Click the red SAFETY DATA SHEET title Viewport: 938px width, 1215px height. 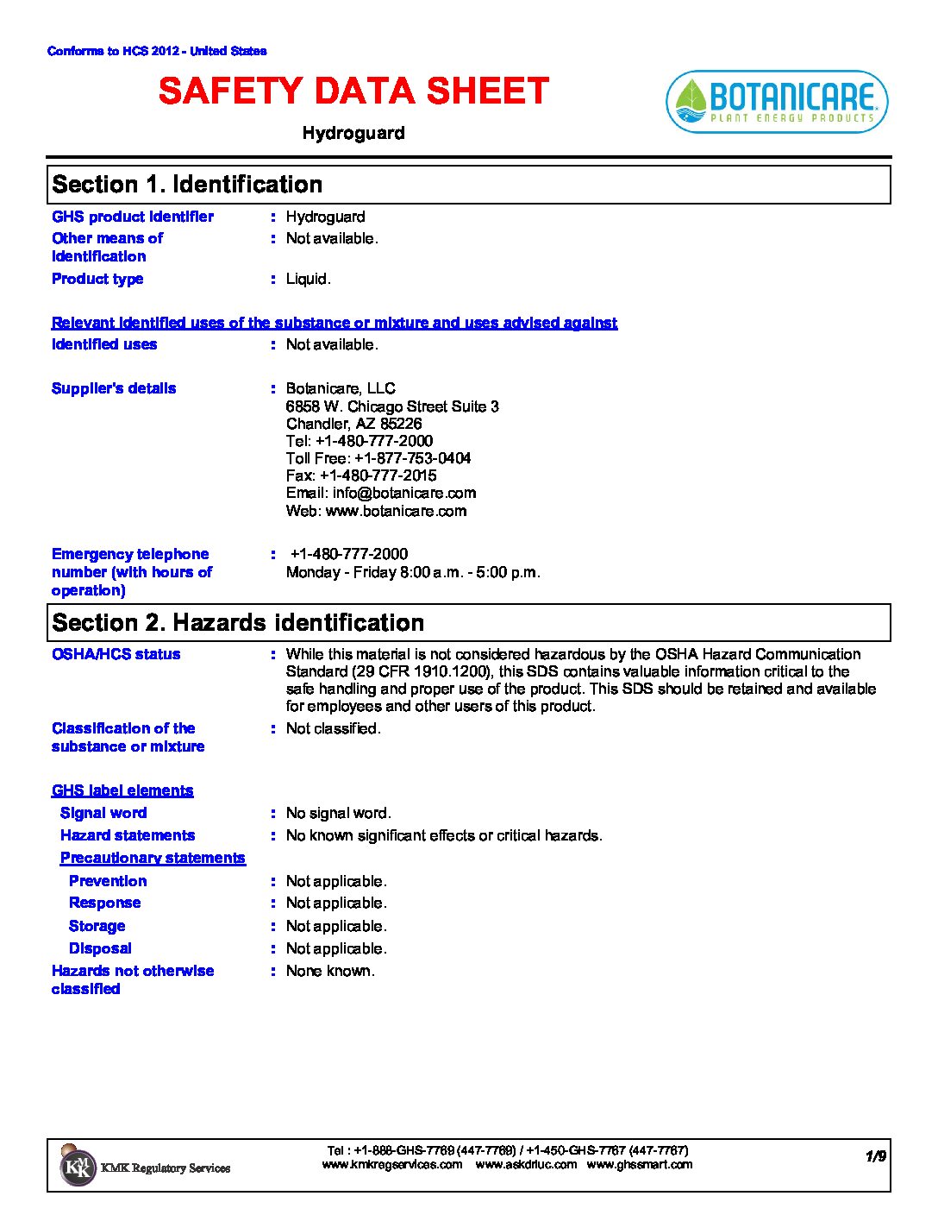coord(353,91)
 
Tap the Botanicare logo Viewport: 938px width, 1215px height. coord(777,102)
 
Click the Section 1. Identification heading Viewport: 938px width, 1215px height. coord(187,185)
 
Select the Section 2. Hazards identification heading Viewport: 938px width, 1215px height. coord(238,623)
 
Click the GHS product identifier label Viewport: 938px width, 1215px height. coord(133,217)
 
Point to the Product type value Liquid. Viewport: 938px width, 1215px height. coord(308,279)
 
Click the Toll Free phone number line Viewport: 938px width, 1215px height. coord(378,458)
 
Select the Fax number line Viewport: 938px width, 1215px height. coord(361,475)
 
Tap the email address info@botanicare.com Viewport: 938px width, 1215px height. coord(381,493)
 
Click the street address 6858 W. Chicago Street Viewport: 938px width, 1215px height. coord(392,406)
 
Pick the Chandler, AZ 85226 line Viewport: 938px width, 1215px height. coord(354,424)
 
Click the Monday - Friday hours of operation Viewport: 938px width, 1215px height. coord(413,572)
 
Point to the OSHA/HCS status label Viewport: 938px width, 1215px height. coord(116,654)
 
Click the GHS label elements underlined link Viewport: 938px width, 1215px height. coord(122,790)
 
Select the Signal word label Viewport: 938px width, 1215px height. coord(103,813)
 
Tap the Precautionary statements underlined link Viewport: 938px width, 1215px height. coord(153,858)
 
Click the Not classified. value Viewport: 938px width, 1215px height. coord(333,728)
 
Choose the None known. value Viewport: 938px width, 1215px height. coord(330,971)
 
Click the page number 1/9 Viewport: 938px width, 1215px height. coord(876,1156)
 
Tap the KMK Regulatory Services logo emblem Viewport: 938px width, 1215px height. coord(78,1167)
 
